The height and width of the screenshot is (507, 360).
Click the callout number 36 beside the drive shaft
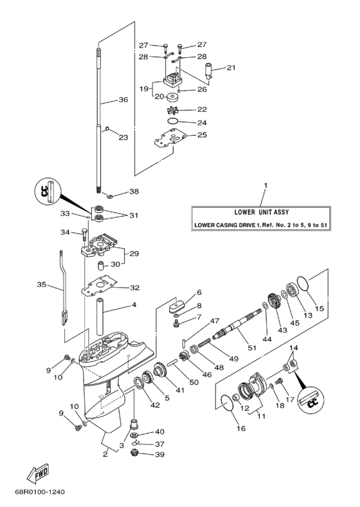pos(123,100)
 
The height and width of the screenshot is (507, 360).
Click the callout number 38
pos(134,192)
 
